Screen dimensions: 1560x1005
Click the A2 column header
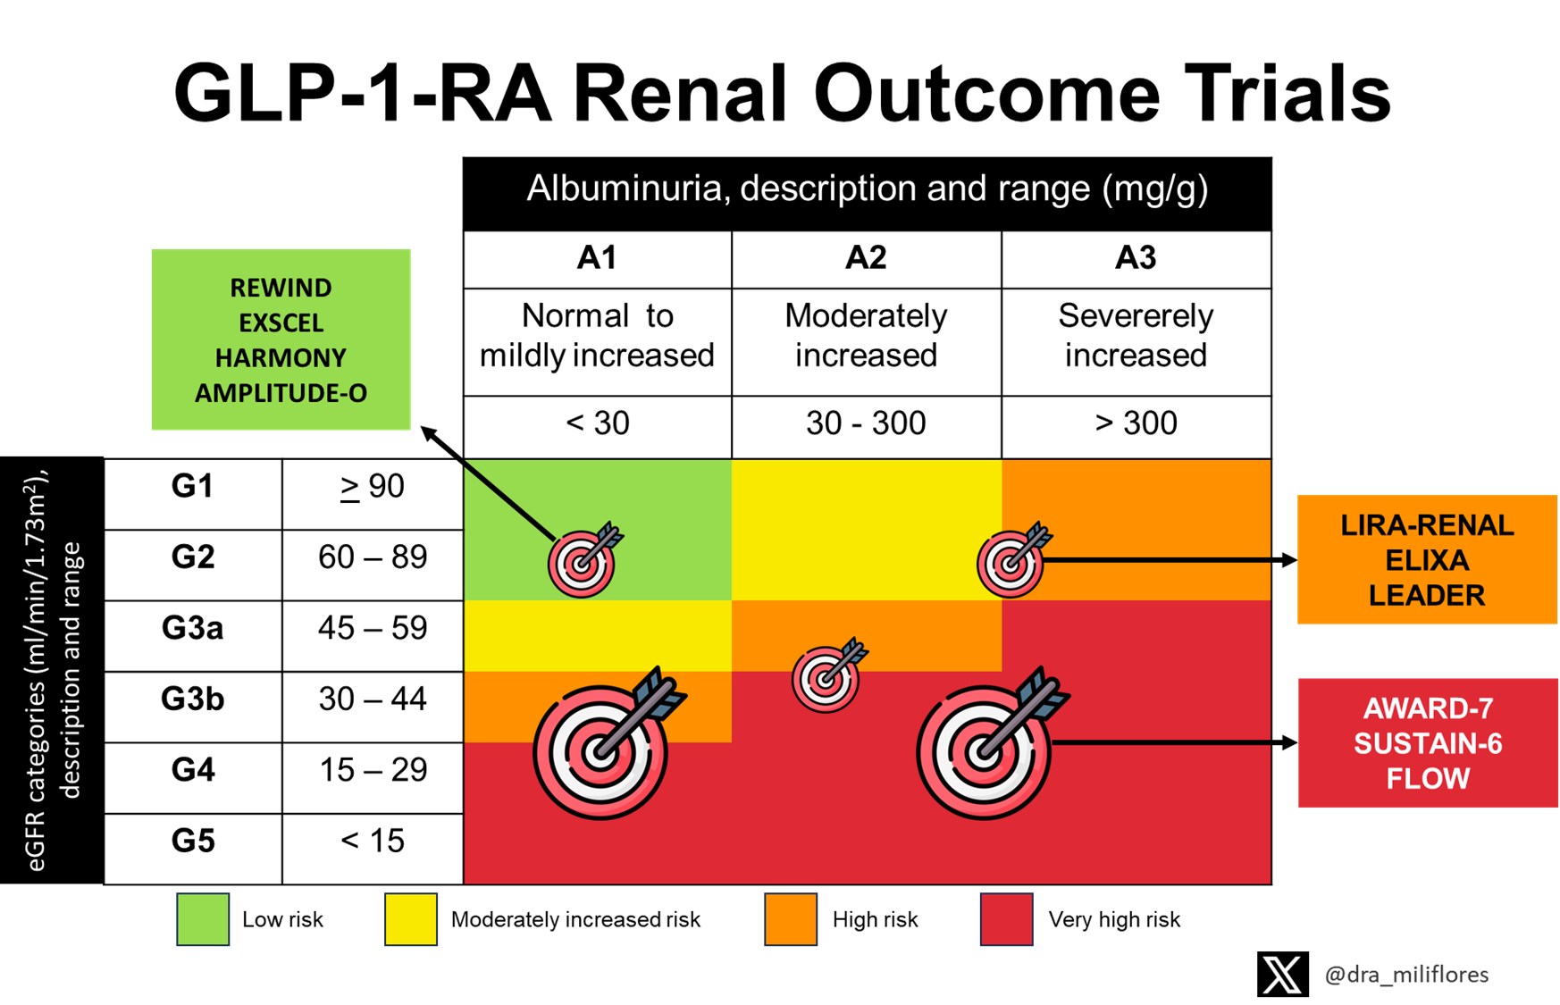(x=866, y=258)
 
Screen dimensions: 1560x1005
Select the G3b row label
(x=193, y=699)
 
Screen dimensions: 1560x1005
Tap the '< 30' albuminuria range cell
(x=598, y=423)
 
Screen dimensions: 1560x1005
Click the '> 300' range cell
(x=1136, y=423)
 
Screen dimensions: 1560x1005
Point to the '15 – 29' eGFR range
(x=373, y=770)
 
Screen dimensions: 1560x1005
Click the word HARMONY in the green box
(x=281, y=358)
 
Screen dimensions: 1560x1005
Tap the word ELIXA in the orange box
(x=1427, y=560)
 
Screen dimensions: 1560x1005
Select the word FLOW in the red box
(x=1428, y=779)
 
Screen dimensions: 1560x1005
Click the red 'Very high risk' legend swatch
(x=1007, y=919)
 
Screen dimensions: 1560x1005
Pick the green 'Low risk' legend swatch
(x=203, y=919)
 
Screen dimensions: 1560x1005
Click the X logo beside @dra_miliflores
(x=1283, y=974)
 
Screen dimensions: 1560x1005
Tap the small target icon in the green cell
(x=583, y=560)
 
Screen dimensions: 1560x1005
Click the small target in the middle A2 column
(x=828, y=675)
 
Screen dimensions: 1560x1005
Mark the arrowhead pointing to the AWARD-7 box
(x=1289, y=742)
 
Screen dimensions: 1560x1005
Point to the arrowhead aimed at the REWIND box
(x=429, y=434)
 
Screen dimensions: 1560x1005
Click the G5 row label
(x=193, y=841)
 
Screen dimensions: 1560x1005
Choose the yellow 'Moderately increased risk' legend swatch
(x=411, y=919)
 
